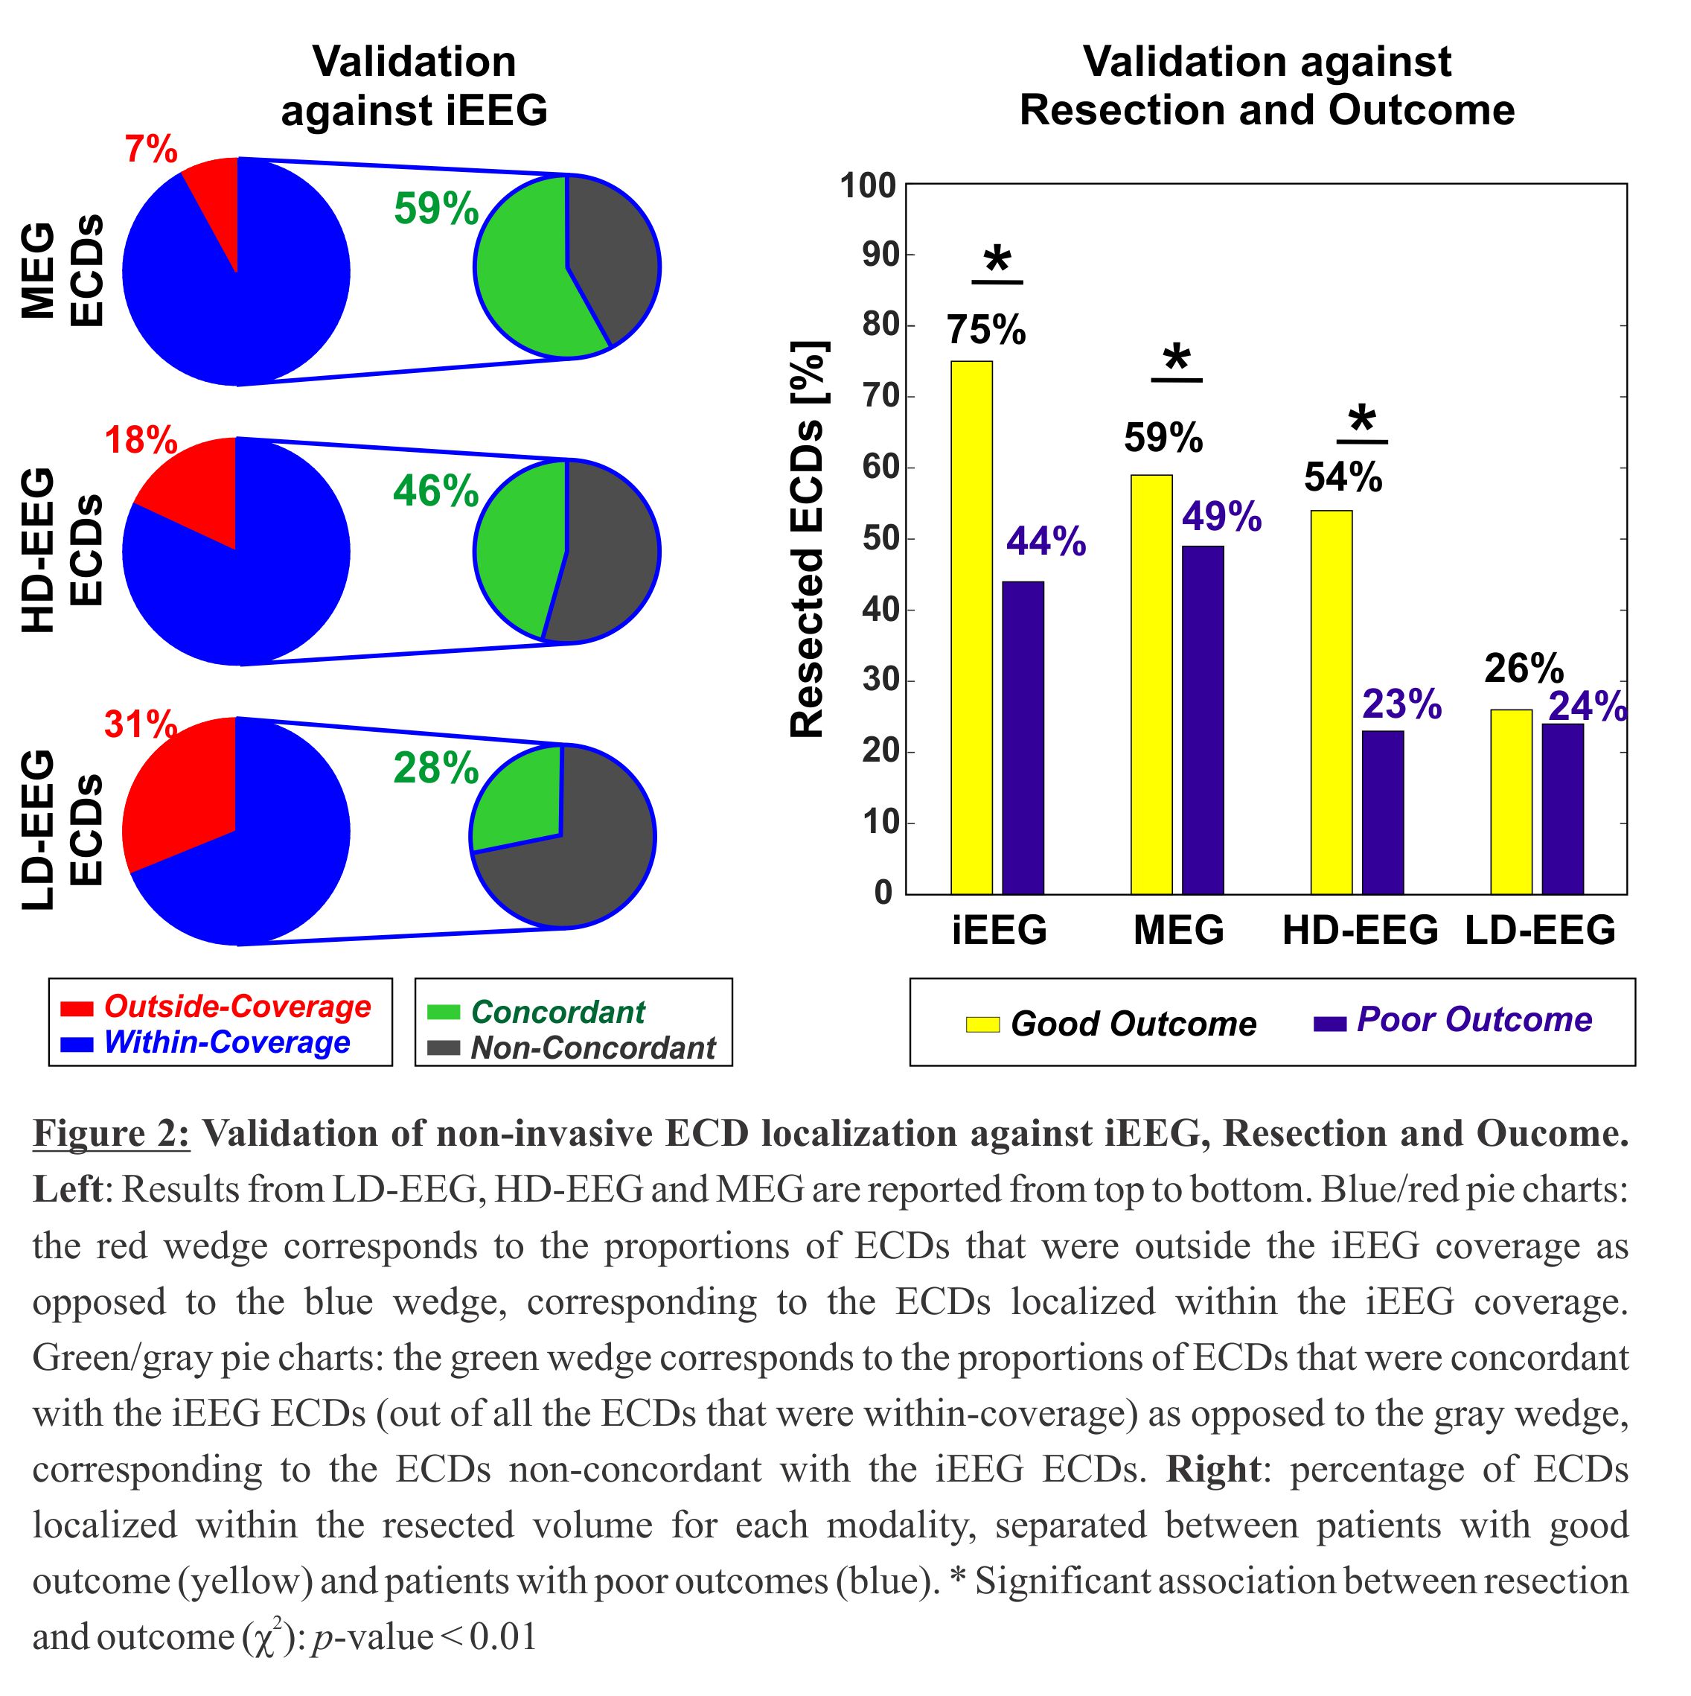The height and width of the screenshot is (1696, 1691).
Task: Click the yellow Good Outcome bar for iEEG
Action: point(971,627)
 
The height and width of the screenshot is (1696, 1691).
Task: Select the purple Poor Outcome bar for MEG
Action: point(1202,720)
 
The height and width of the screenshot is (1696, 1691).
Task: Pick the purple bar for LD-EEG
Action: point(1562,809)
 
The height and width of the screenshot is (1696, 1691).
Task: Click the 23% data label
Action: point(1401,704)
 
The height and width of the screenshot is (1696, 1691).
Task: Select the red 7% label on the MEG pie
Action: point(151,150)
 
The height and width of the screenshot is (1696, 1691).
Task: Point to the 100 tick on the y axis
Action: point(867,186)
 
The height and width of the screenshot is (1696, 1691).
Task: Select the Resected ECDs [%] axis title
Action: point(808,539)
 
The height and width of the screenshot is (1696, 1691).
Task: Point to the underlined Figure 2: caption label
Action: point(111,1133)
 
